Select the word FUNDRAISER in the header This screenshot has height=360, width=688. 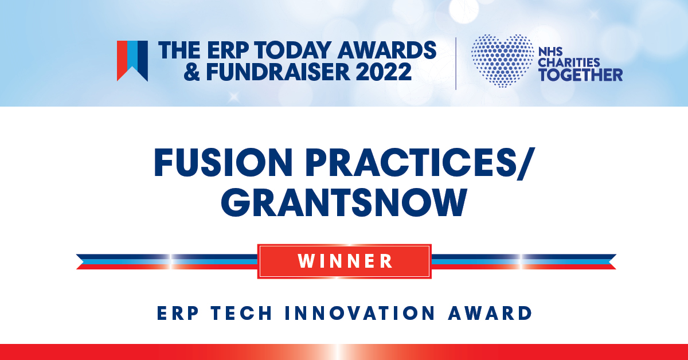coord(277,72)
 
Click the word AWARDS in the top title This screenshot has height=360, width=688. coord(387,50)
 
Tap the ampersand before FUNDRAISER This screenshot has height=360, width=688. coord(191,72)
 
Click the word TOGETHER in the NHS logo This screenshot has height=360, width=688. coord(580,75)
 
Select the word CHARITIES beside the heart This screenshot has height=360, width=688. coord(569,62)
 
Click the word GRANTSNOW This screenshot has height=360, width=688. coord(344,203)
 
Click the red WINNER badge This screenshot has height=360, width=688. coord(345,261)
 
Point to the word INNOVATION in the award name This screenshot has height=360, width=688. coord(360,314)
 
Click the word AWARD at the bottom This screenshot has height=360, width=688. coord(490,314)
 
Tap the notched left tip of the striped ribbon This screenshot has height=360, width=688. coord(83,262)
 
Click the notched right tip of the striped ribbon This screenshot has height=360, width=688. coord(609,262)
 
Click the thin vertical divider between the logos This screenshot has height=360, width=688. coord(456,64)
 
